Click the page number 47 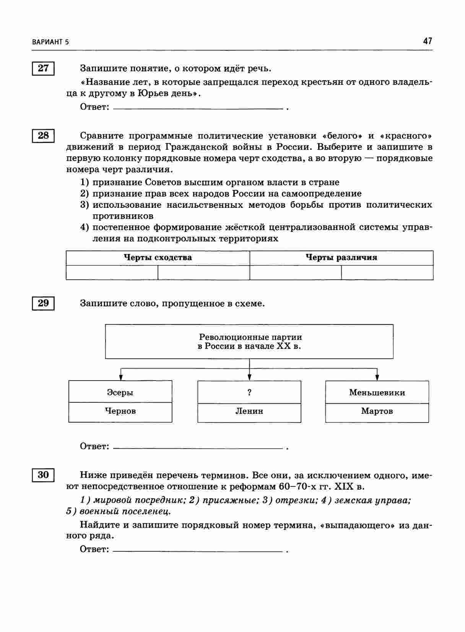(428, 41)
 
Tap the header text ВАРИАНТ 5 (51, 42)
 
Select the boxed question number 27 (43, 68)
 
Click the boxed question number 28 (43, 136)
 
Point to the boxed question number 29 (43, 303)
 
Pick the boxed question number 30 (43, 475)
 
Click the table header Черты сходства (158, 258)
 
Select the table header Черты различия (341, 258)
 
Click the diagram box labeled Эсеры (120, 392)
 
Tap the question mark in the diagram (249, 392)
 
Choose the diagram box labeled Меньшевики (377, 392)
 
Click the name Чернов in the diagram (120, 412)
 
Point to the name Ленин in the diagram (249, 412)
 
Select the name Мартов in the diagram (377, 412)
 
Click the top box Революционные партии (249, 342)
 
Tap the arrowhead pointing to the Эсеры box (121, 377)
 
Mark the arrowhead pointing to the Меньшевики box (377, 377)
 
